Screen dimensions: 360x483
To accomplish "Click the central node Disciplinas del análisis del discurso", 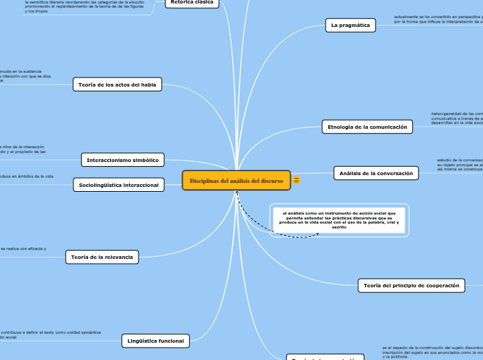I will click(x=236, y=181).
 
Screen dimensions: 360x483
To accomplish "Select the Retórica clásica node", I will click(x=191, y=3).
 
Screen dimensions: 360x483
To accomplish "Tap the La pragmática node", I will click(x=350, y=26).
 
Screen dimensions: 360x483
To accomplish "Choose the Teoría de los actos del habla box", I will click(x=117, y=84).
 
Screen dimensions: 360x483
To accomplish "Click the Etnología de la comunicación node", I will click(x=367, y=126).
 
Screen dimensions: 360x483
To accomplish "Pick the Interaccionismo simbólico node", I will click(x=123, y=160).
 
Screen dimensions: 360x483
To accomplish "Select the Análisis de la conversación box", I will click(x=376, y=173).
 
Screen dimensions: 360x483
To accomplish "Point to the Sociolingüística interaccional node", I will click(x=118, y=185).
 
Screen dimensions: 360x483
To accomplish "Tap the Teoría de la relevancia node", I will click(x=102, y=258).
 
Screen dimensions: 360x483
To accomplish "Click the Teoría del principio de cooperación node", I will click(x=411, y=285).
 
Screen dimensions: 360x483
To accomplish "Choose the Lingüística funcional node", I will click(x=156, y=341).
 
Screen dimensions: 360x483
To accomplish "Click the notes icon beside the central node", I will click(x=297, y=181).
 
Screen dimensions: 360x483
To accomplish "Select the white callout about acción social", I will click(x=339, y=220).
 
